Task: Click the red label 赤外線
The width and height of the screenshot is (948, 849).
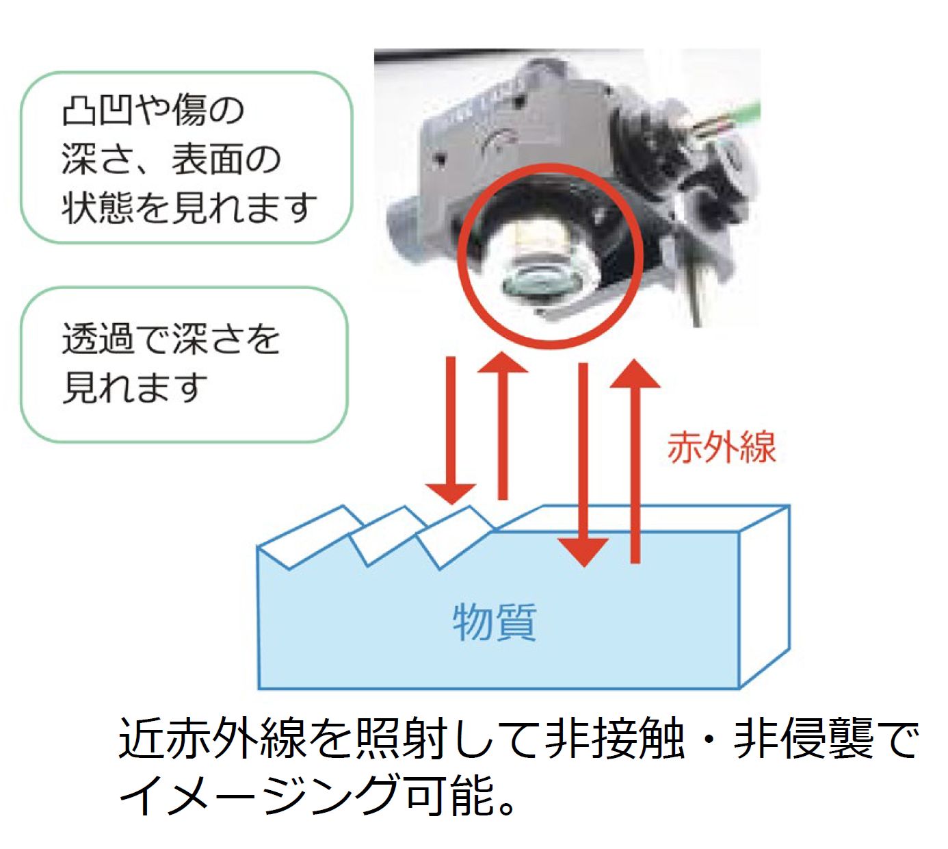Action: tap(721, 448)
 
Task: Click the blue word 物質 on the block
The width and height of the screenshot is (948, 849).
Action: tap(494, 622)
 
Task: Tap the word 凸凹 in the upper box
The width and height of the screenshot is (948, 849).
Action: tap(97, 111)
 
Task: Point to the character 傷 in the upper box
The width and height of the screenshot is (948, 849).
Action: tap(189, 111)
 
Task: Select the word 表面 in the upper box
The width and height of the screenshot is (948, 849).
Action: tap(207, 159)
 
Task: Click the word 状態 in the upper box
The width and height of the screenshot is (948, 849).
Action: tap(97, 207)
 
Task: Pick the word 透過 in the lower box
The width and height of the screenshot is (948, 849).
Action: tap(97, 338)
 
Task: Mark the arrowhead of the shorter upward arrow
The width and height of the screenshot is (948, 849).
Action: tap(502, 362)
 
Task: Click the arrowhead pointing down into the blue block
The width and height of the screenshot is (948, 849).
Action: tap(583, 552)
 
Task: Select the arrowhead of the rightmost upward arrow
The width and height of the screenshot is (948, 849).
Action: tap(635, 373)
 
